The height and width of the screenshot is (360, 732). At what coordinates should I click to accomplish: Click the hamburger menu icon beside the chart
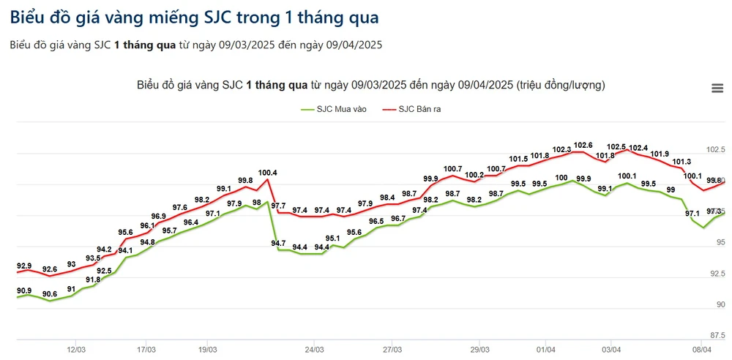(717, 88)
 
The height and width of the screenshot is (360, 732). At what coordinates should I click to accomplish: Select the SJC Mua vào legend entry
(333, 109)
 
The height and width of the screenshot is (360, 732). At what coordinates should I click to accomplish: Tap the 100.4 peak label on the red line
(268, 173)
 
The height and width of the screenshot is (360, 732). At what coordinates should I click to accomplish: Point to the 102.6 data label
(583, 145)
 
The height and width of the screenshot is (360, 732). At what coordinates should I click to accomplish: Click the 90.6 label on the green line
(50, 294)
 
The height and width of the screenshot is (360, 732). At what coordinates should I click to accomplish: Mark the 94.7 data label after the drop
(278, 243)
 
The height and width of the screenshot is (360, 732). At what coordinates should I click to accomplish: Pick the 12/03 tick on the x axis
(77, 350)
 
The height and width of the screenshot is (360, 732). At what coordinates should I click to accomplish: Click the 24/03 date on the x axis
(314, 350)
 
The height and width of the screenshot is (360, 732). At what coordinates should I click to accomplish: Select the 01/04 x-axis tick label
(545, 350)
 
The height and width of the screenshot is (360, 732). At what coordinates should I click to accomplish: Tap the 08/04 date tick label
(702, 350)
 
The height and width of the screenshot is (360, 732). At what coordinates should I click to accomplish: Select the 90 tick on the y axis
(720, 304)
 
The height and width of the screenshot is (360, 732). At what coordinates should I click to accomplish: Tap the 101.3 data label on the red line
(681, 162)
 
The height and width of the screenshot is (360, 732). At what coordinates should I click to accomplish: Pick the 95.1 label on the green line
(332, 238)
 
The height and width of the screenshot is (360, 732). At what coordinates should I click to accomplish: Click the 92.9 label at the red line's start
(24, 266)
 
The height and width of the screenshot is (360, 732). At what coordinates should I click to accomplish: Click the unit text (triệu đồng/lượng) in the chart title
(561, 85)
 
